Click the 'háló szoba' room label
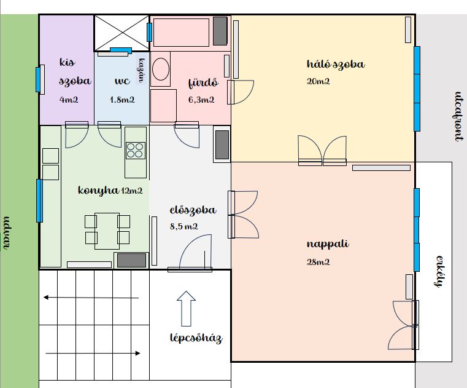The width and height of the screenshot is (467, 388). coord(336,65)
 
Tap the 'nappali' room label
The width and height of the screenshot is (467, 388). coord(328,244)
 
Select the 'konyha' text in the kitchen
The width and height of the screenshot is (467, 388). coord(98,191)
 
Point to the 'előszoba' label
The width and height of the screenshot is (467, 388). coord(193,210)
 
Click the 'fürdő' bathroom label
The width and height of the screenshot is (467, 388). coord(203,82)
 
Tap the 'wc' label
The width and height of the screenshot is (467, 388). coord(122,81)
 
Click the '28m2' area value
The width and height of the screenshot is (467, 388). coord(318,262)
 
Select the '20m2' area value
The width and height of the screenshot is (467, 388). coord(318,81)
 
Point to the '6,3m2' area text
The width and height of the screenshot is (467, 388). coord(201,100)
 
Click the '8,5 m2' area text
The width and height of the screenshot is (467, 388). coord(183,226)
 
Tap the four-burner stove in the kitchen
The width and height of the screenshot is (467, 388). coord(136,151)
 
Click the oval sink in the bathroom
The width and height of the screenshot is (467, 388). coord(161,69)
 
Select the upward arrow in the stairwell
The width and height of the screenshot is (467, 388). coord(186,309)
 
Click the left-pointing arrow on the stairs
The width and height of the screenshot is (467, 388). coord(91,298)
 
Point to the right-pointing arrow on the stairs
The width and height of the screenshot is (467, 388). coord(93,354)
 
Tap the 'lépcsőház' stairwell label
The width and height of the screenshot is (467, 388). coord(196,338)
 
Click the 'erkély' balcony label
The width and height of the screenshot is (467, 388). coord(439,271)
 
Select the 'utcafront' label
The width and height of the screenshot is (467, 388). coord(459,116)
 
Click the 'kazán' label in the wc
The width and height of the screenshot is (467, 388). coord(141,71)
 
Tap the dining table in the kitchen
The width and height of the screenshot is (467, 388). coord(107,231)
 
